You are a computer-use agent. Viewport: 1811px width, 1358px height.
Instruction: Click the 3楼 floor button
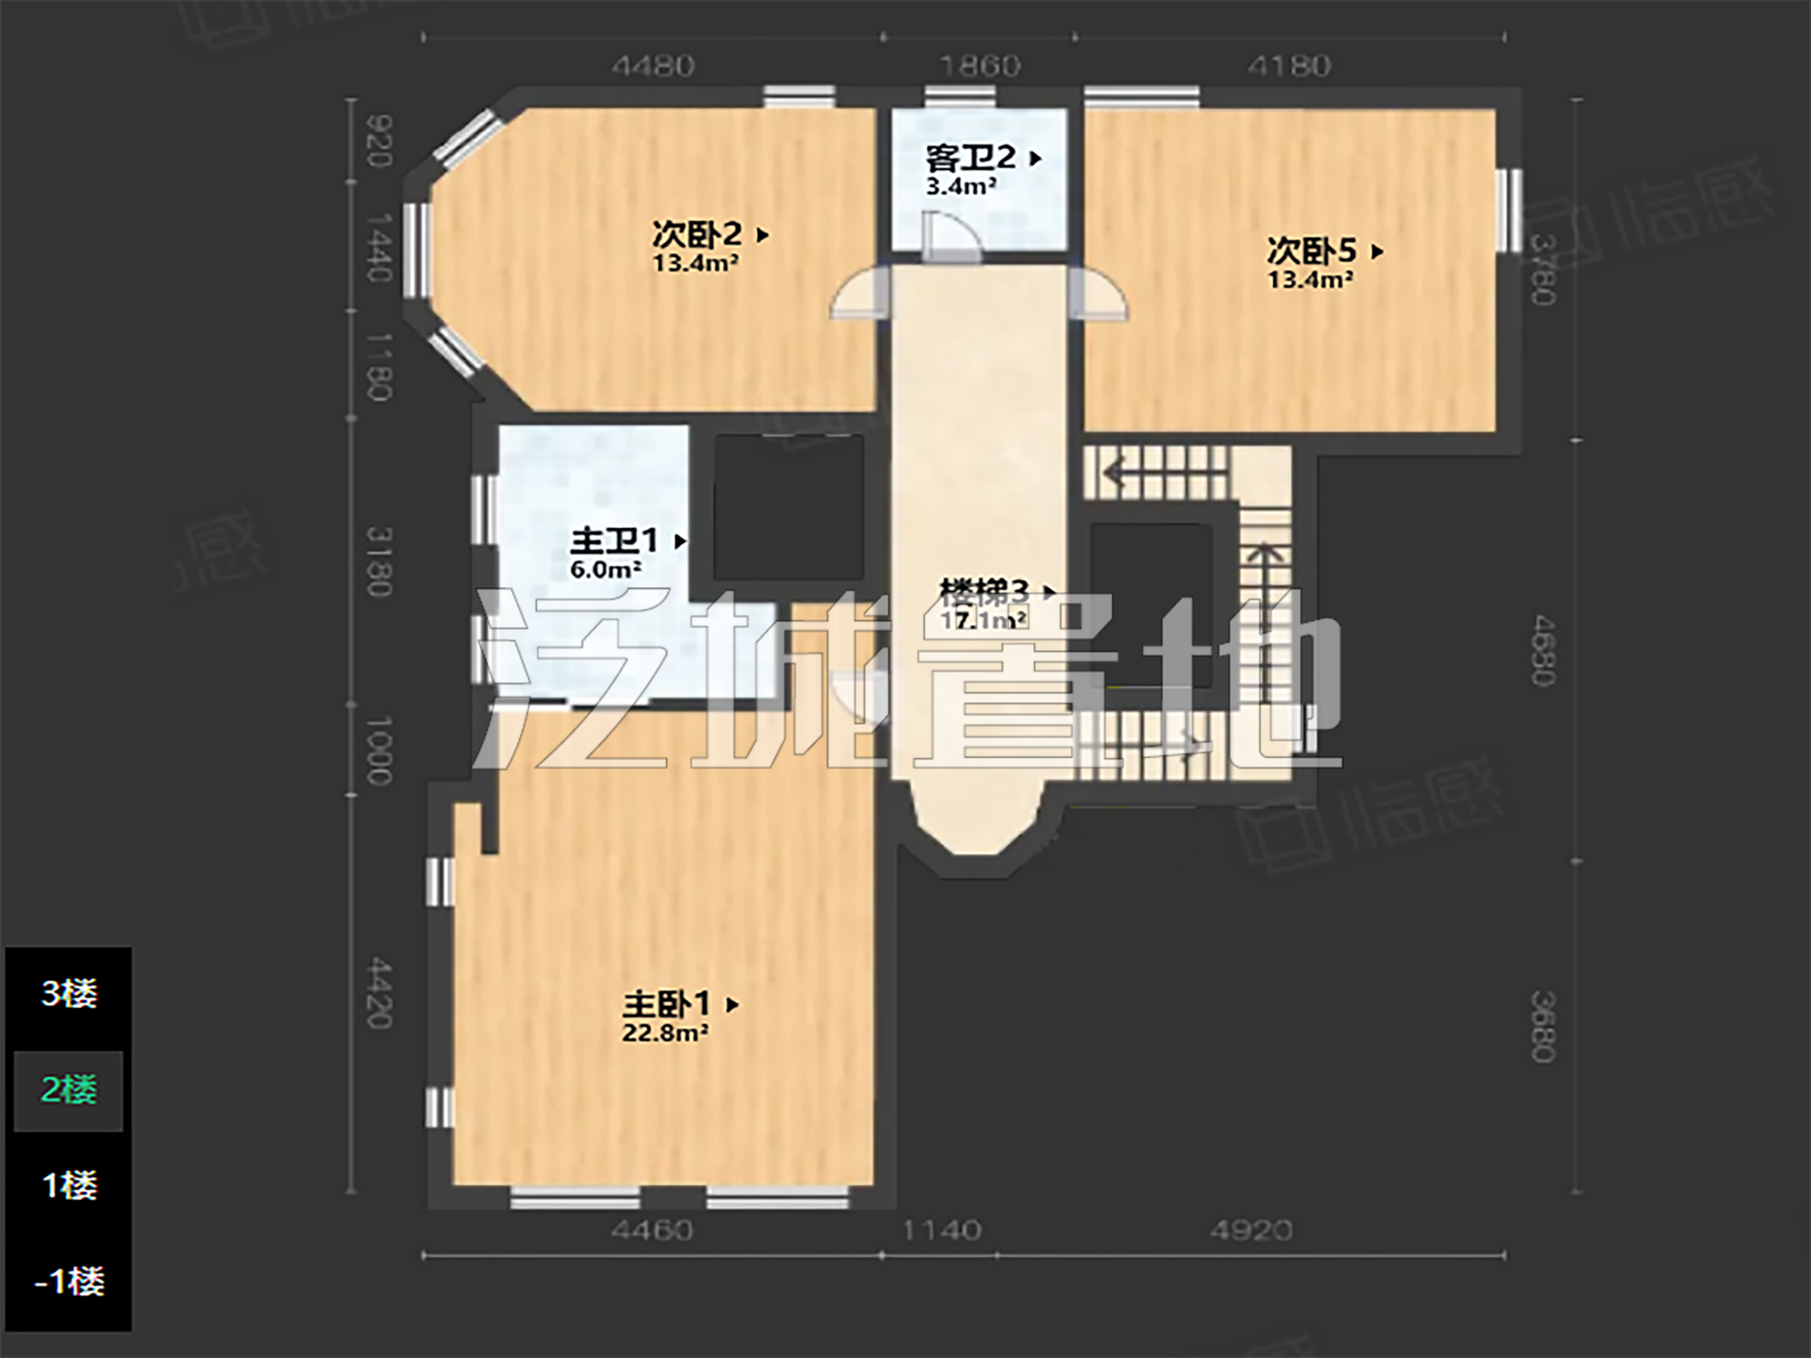pyautogui.click(x=69, y=994)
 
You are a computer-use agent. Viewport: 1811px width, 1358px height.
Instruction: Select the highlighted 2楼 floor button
pyautogui.click(x=69, y=1090)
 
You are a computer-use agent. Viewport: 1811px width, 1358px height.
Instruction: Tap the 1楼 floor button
pyautogui.click(x=69, y=1185)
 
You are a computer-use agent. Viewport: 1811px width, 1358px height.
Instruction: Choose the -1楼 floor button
pyautogui.click(x=69, y=1281)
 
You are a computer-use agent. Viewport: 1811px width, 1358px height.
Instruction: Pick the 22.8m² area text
pyautogui.click(x=665, y=1033)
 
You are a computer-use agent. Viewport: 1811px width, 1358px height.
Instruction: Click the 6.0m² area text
pyautogui.click(x=605, y=570)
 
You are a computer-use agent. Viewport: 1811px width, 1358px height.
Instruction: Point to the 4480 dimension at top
pyautogui.click(x=653, y=66)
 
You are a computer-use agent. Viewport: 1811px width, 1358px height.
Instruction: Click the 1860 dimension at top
pyautogui.click(x=980, y=66)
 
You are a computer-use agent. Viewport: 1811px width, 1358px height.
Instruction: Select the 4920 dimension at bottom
pyautogui.click(x=1250, y=1230)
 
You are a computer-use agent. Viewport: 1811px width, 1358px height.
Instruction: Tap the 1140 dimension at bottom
pyautogui.click(x=942, y=1230)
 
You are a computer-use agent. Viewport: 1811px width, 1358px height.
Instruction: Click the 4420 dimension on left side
pyautogui.click(x=379, y=994)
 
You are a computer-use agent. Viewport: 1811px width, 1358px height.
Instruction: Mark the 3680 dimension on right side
pyautogui.click(x=1543, y=1026)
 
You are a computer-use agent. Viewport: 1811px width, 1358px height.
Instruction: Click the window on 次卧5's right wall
pyautogui.click(x=1508, y=210)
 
